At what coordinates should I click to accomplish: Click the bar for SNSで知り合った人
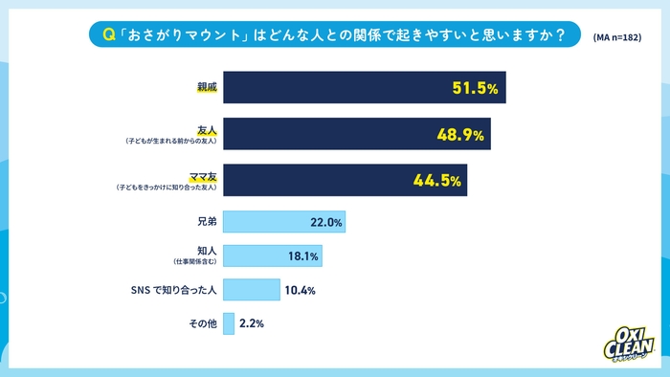(251, 290)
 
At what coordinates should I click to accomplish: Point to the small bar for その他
(229, 323)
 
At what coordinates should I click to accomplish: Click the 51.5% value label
(474, 88)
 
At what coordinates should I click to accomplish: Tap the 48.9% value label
(459, 135)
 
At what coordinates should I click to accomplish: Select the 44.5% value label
(438, 181)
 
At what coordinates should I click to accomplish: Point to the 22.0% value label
(326, 223)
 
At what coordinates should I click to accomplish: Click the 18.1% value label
(303, 255)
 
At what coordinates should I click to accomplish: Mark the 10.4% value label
(300, 290)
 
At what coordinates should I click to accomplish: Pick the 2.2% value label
(251, 323)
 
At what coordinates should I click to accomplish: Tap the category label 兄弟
(207, 222)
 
